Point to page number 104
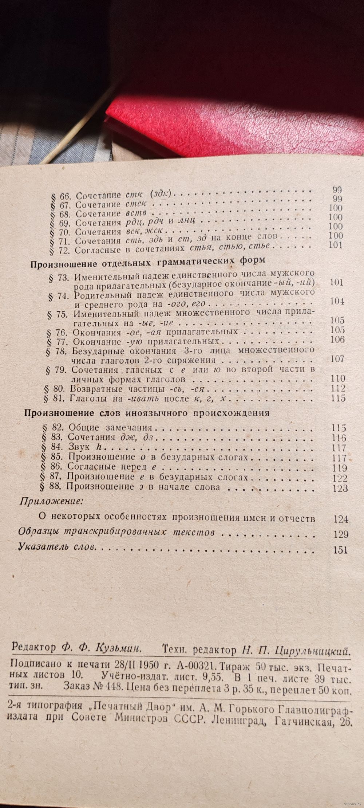pos(336,301)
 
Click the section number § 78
pos(57,351)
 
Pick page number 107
pos(337,358)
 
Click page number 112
pos(338,388)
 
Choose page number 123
pos(340,488)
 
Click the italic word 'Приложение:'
pos(51,501)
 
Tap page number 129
pos(341,534)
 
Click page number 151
pos(341,550)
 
